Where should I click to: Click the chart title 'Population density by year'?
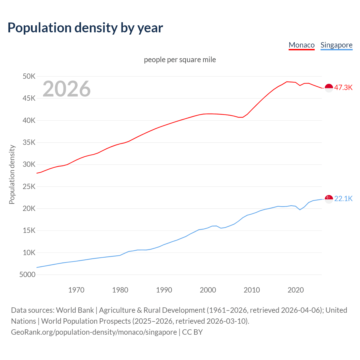85,28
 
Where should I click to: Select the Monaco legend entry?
301,45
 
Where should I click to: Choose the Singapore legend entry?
336,45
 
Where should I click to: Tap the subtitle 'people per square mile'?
180,60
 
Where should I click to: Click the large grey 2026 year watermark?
67,89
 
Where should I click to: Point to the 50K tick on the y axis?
29,76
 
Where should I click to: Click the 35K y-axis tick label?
29,143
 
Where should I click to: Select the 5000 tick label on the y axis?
27,274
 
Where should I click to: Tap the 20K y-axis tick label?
29,208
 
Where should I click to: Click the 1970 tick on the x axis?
76,290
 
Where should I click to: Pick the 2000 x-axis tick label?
208,290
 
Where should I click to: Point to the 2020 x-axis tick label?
296,290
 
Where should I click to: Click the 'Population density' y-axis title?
12,174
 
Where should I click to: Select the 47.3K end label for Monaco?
343,87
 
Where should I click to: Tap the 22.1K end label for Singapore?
343,199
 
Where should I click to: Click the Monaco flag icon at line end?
329,88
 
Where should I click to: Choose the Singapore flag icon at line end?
329,199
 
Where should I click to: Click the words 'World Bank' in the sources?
75,310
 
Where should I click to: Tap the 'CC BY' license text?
192,332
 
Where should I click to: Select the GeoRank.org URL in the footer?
94,332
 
